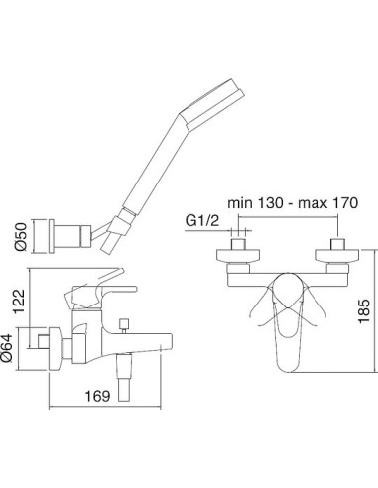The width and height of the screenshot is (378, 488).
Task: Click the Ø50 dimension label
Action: pyautogui.click(x=21, y=236)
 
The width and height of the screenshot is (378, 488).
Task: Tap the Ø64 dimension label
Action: pyautogui.click(x=7, y=347)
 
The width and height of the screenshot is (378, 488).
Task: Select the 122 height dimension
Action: pyautogui.click(x=19, y=301)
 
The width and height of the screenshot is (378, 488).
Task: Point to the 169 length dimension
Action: pyautogui.click(x=97, y=396)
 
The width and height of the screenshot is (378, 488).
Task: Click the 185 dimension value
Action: pyautogui.click(x=364, y=311)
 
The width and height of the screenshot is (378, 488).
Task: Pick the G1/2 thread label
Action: pyautogui.click(x=202, y=220)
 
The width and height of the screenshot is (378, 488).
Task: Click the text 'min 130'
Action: pyautogui.click(x=255, y=202)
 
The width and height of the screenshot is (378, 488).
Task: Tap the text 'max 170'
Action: pyautogui.click(x=328, y=202)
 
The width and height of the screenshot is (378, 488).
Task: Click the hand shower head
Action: pyautogui.click(x=211, y=104)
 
